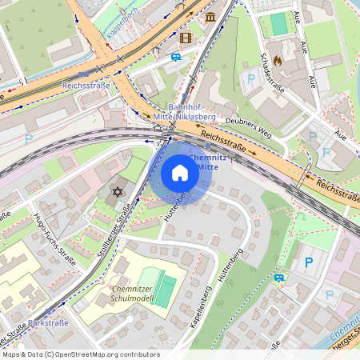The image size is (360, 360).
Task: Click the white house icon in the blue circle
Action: [x=180, y=173]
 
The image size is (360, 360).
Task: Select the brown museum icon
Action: [x=210, y=17]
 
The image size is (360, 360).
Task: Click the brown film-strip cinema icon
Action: [x=186, y=37]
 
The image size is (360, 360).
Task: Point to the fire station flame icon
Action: [x=278, y=59]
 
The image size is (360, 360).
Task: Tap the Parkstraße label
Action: [x=48, y=323]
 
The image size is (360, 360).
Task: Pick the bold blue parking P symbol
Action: [x=308, y=262]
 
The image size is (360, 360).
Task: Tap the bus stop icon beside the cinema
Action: [x=175, y=57]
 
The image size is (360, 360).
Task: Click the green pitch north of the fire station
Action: [x=278, y=24]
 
